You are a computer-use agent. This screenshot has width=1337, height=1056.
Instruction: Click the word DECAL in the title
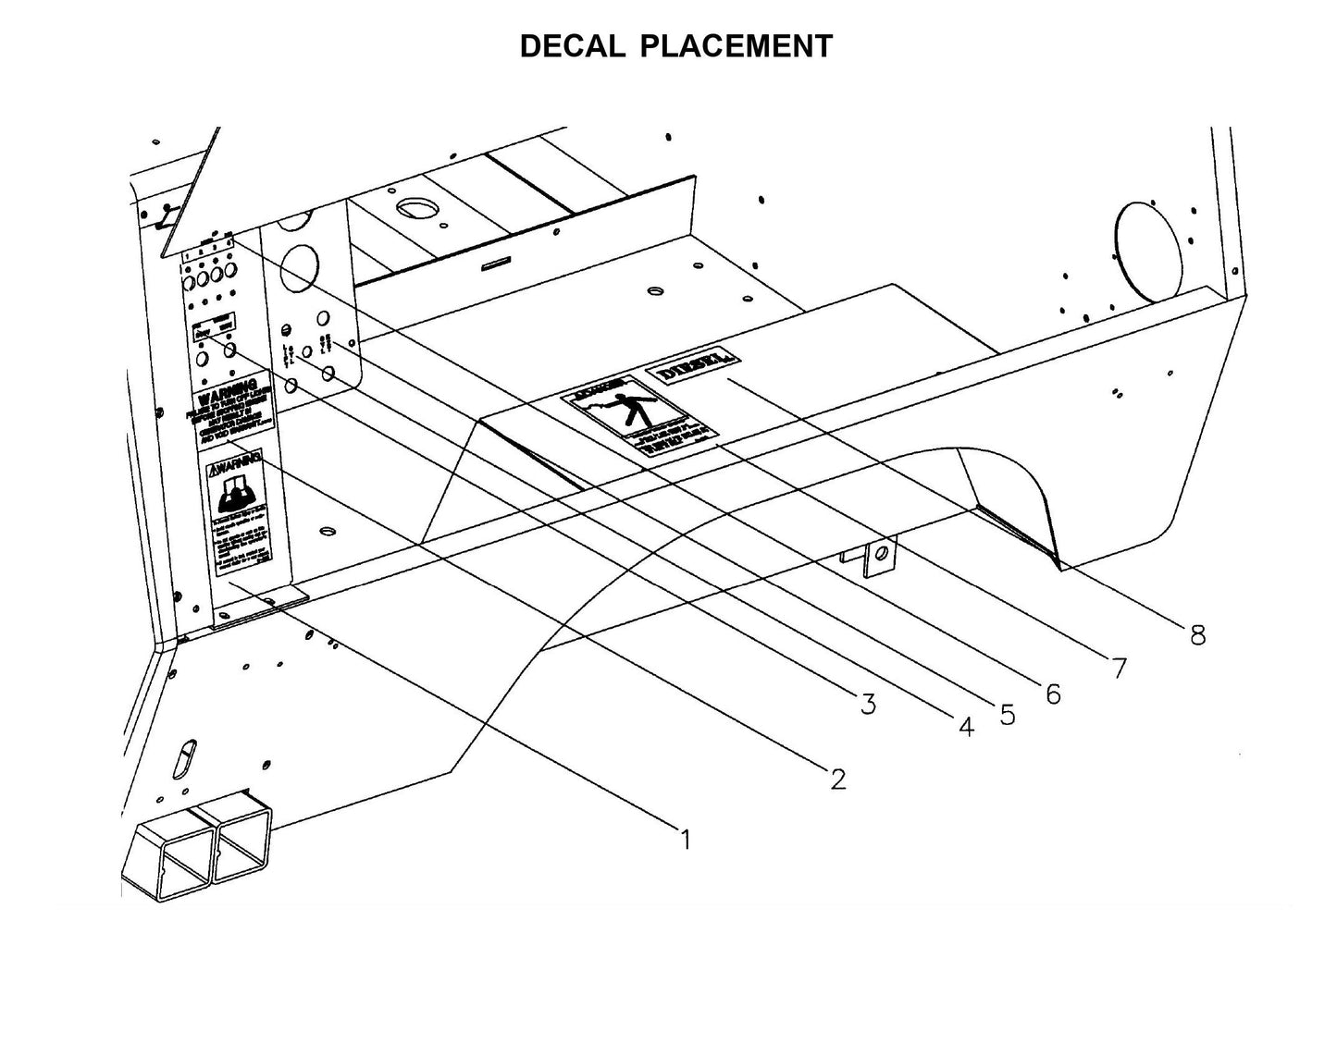(x=572, y=46)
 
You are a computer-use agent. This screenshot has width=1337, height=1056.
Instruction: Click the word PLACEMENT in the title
(x=736, y=46)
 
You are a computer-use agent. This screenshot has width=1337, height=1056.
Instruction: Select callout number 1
(x=686, y=840)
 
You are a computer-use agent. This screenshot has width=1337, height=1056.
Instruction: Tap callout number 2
(x=837, y=780)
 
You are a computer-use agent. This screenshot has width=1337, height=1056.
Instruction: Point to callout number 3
(x=867, y=705)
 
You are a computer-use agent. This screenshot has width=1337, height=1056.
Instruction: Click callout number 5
(x=1007, y=715)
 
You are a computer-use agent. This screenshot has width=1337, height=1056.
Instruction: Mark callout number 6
(x=1053, y=694)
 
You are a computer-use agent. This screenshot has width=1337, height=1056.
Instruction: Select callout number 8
(x=1197, y=635)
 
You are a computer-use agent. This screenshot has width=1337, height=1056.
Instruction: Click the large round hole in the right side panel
(x=1149, y=251)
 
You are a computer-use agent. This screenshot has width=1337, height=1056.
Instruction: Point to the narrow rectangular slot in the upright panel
(x=498, y=262)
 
